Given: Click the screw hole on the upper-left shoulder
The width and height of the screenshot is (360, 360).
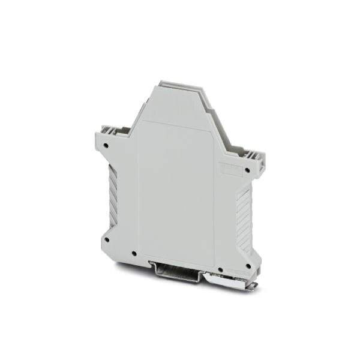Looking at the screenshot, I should pyautogui.click(x=106, y=145).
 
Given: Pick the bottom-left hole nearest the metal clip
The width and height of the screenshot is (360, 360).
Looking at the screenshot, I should pyautogui.click(x=134, y=253).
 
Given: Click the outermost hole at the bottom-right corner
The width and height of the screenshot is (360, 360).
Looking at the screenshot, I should pyautogui.click(x=248, y=265).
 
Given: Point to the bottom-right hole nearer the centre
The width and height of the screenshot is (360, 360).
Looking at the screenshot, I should pyautogui.click(x=220, y=270).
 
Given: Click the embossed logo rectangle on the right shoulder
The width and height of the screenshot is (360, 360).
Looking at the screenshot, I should pyautogui.click(x=229, y=169).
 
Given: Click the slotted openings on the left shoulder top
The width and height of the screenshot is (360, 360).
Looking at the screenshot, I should pyautogui.click(x=111, y=128).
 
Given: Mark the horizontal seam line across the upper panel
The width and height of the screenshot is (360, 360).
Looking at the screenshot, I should pyautogui.click(x=174, y=125).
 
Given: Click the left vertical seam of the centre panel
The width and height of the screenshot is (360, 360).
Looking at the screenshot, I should pyautogui.click(x=137, y=192).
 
